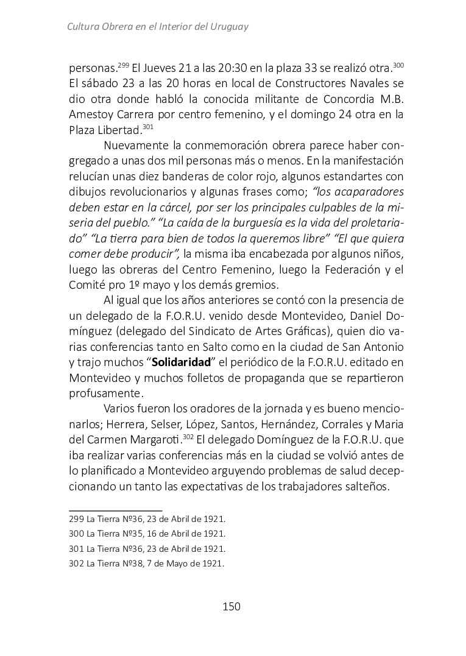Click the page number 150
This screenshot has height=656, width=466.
[232, 606]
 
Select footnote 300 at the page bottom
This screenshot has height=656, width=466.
[147, 534]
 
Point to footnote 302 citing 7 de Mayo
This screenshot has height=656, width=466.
[147, 563]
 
